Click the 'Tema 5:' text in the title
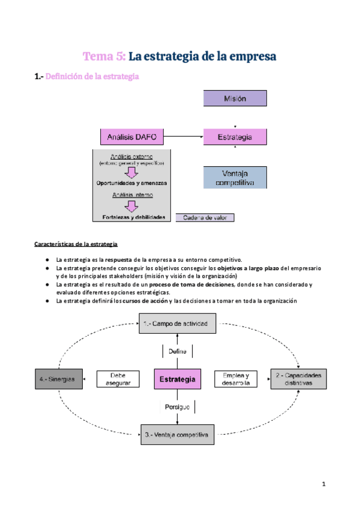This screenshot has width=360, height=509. click(x=104, y=56)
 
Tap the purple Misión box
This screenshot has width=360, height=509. click(x=235, y=98)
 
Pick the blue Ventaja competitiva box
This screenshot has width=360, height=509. click(x=235, y=178)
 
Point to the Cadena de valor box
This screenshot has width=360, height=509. click(x=205, y=217)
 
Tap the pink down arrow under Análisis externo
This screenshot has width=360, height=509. click(x=131, y=172)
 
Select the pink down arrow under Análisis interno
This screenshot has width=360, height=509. click(x=131, y=206)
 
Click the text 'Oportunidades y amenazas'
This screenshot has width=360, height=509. click(x=131, y=182)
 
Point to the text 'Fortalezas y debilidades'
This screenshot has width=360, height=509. click(x=131, y=217)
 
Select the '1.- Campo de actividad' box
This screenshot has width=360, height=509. click(x=176, y=324)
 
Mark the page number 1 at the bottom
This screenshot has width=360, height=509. click(x=323, y=483)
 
